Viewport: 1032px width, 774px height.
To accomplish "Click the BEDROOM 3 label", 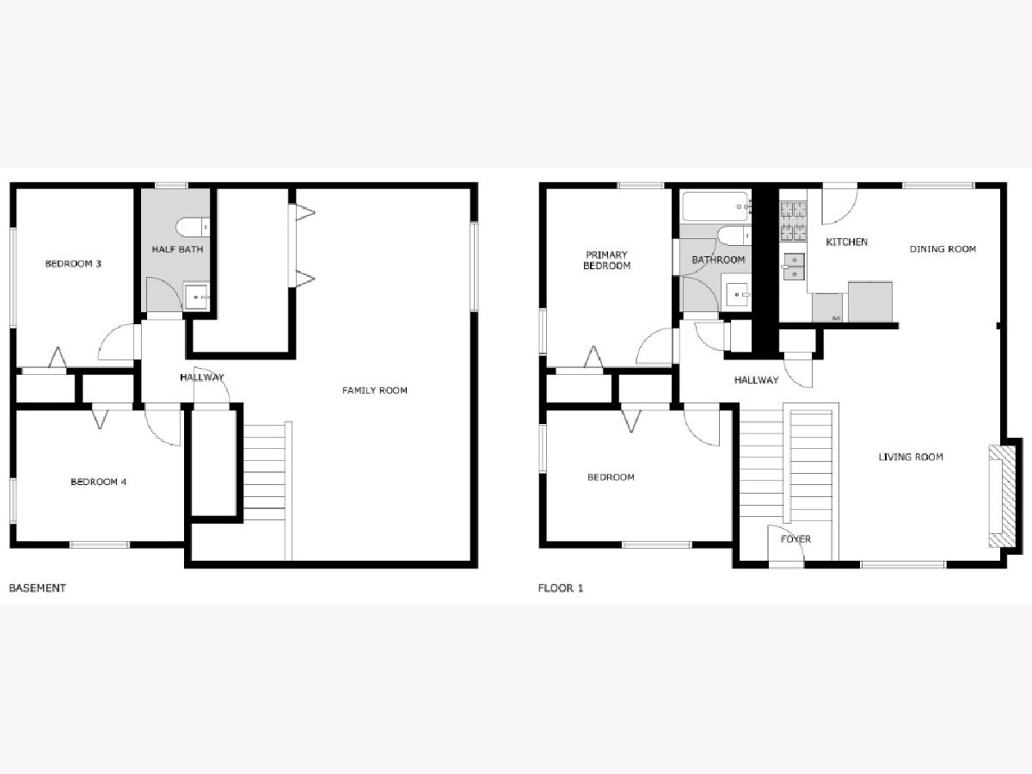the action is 73,264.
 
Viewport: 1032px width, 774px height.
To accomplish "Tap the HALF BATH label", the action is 177,249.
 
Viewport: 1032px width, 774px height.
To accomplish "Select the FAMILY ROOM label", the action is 375,390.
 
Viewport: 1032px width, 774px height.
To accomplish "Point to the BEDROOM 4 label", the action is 98,482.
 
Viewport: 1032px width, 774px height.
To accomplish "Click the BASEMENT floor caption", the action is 38,588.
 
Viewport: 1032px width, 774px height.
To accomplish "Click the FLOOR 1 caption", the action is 561,588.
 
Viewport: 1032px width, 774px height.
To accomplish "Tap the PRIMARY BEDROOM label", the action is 606,260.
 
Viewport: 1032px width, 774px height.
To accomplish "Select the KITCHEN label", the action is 846,242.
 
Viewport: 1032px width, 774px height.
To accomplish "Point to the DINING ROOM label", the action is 943,249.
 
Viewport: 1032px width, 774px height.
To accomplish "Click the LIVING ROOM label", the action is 911,457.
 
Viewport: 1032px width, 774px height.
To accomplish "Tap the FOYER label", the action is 795,539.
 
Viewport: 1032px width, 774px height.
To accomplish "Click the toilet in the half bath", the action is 193,227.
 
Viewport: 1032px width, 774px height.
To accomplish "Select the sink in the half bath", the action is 196,297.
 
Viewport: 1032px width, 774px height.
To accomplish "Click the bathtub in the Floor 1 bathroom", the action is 716,206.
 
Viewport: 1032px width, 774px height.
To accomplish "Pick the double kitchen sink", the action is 794,267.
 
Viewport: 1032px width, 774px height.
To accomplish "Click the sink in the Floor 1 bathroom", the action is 736,295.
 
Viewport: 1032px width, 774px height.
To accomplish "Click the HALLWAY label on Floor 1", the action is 756,380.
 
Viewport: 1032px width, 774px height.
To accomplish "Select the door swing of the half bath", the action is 164,294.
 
